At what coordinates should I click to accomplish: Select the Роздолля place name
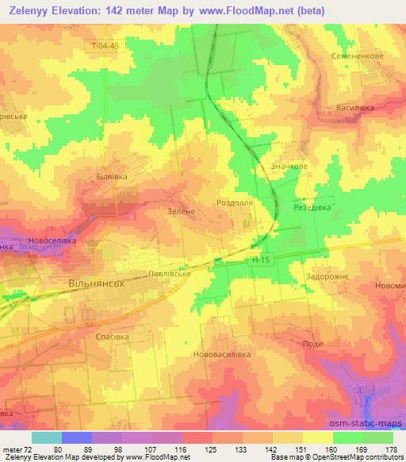pyautogui.click(x=235, y=203)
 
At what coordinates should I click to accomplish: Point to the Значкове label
pyautogui.click(x=290, y=167)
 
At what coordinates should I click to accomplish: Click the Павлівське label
pyautogui.click(x=170, y=274)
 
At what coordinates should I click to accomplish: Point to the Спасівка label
pyautogui.click(x=113, y=337)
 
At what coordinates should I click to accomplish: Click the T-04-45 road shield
pyautogui.click(x=105, y=46)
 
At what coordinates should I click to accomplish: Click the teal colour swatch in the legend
pyautogui.click(x=46, y=437)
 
